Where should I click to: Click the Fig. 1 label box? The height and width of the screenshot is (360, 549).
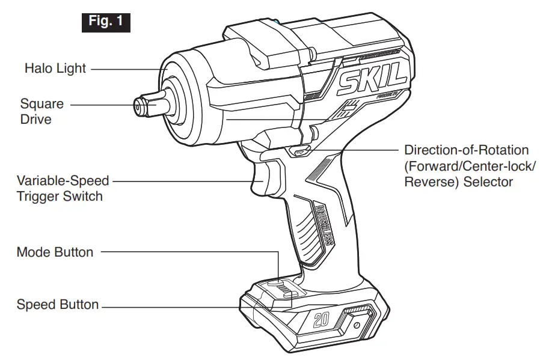105,22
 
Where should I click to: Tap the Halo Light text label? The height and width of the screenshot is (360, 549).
55,69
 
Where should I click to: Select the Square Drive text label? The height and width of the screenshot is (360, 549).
41,111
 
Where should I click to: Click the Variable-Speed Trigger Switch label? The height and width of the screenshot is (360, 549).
63,188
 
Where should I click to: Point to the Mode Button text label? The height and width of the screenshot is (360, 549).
55,252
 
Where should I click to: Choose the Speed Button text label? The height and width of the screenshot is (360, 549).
58,304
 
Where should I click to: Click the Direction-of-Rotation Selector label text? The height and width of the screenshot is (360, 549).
466,165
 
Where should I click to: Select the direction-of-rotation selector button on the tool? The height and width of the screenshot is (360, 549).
299,152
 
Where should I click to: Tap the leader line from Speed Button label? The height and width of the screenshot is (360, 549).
180,307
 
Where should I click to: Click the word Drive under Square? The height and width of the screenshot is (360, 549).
35,119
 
